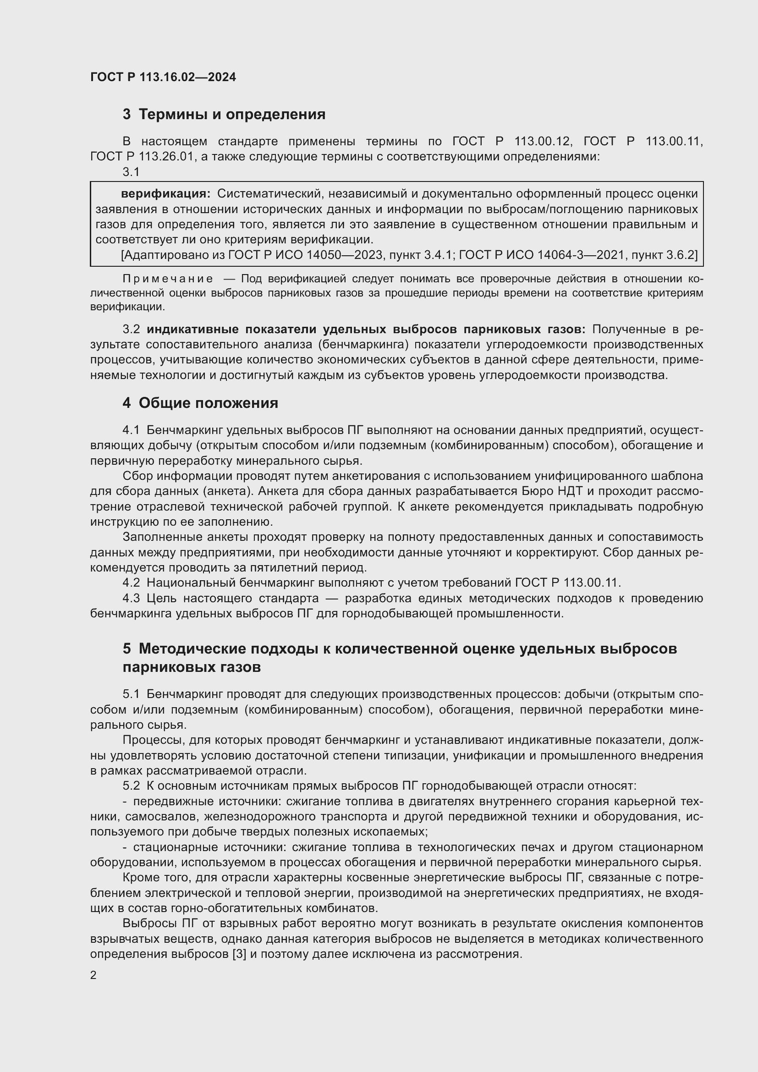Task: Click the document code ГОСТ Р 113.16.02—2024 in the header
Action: [163, 77]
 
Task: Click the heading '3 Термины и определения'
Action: [224, 115]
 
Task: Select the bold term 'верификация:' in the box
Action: [166, 194]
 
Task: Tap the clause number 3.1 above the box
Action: [131, 172]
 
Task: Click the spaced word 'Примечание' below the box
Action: [168, 279]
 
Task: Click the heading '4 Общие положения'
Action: [200, 403]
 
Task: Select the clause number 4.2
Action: [131, 583]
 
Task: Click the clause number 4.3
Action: [131, 598]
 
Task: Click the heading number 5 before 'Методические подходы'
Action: [127, 649]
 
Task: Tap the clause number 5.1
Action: [131, 694]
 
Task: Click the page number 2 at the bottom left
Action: [93, 975]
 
